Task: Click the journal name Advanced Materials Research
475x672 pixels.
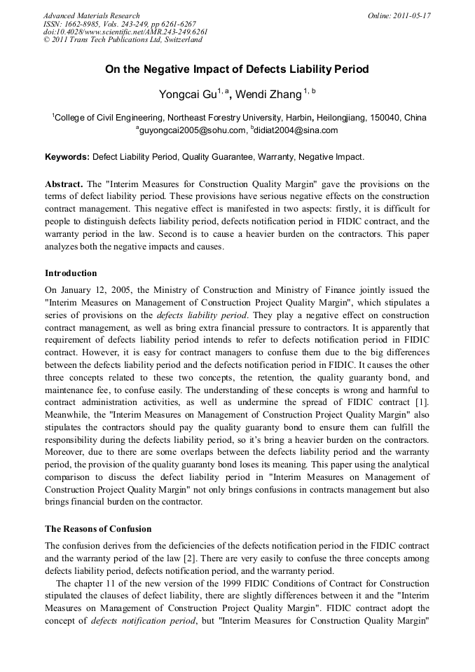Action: pos(91,15)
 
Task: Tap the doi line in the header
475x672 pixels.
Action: pos(125,32)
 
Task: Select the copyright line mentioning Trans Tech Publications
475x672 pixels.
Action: pos(123,40)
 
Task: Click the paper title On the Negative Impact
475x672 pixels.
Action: pos(237,69)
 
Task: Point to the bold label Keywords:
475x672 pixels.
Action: pos(67,158)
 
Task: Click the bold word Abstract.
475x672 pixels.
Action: pos(64,183)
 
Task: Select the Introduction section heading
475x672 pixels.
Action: pos(71,273)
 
